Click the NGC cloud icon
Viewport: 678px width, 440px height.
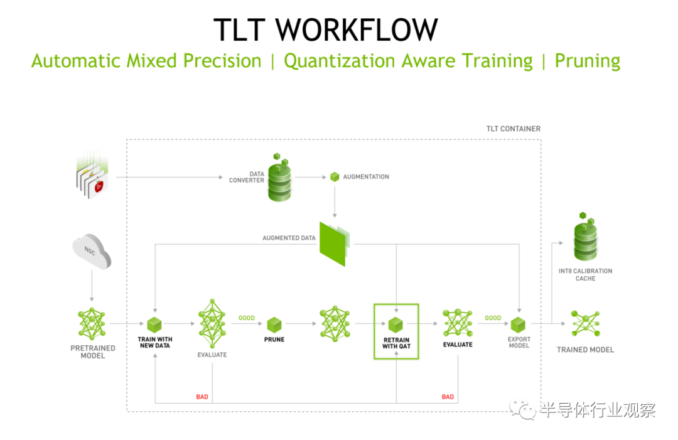click(92, 251)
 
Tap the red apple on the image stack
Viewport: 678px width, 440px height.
click(99, 186)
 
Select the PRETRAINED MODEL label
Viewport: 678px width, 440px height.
click(93, 352)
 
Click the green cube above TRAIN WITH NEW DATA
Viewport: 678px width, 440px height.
click(154, 325)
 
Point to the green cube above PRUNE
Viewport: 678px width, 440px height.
click(274, 325)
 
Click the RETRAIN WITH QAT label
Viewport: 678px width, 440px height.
click(397, 343)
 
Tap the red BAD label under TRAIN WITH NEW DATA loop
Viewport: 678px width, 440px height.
click(202, 397)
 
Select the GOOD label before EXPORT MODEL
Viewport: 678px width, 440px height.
click(493, 318)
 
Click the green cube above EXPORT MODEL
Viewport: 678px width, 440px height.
click(518, 325)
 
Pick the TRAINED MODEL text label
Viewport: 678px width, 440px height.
click(586, 350)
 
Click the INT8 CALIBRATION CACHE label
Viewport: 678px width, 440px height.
click(586, 274)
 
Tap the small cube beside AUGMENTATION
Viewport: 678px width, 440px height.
click(335, 177)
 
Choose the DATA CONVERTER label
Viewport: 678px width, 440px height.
click(247, 177)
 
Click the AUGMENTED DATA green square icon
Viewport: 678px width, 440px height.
click(333, 244)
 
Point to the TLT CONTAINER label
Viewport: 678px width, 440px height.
click(514, 129)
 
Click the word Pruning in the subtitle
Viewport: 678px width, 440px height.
click(588, 61)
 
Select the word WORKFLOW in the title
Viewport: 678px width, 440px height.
click(357, 30)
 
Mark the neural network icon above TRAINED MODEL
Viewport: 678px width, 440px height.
click(586, 323)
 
